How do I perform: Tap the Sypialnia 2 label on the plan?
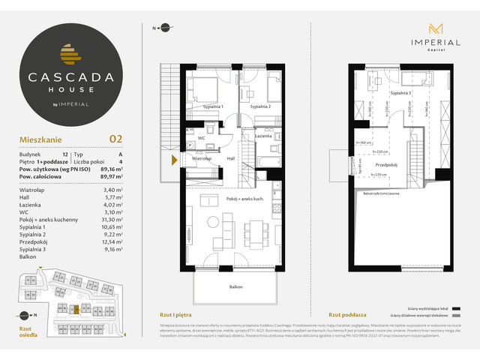point(259,107)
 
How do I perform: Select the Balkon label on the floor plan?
point(236,287)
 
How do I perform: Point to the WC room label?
point(201,139)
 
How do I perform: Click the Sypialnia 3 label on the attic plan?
point(400,94)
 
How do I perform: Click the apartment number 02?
point(115,139)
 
